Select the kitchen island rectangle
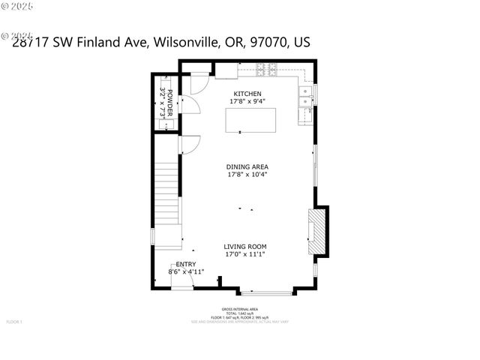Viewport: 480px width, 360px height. click(250, 120)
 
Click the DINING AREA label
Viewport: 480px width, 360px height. click(247, 167)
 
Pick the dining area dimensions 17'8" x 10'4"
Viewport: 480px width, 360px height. click(247, 175)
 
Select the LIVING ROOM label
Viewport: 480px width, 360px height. click(245, 247)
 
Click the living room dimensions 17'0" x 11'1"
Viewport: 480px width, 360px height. click(245, 254)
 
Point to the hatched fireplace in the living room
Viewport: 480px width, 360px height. click(317, 232)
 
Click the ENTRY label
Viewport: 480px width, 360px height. click(185, 264)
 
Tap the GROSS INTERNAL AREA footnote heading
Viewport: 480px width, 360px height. click(239, 309)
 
